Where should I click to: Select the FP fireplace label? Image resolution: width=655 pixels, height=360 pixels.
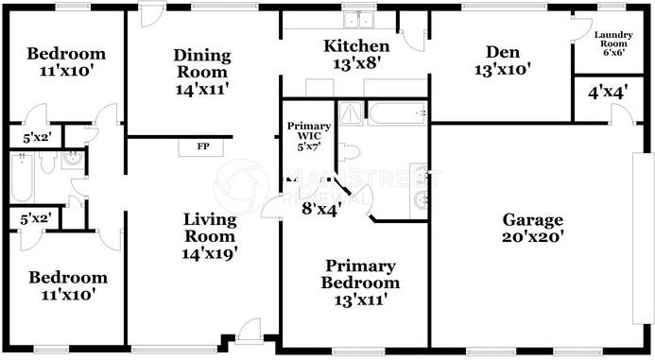tap(202, 147)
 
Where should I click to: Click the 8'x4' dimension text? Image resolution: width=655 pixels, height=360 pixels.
tap(320, 208)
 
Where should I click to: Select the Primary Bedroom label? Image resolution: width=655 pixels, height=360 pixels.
tap(359, 282)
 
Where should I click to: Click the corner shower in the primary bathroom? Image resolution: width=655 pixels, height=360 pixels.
tap(352, 113)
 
